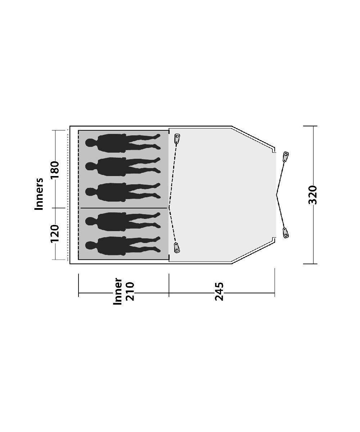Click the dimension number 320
(312, 195)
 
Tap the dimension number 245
(219, 292)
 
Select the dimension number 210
(131, 291)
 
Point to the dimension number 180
(55, 170)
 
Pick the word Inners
(39, 194)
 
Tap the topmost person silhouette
(123, 143)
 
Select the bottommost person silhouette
(123, 246)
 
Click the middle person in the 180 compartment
(123, 192)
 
